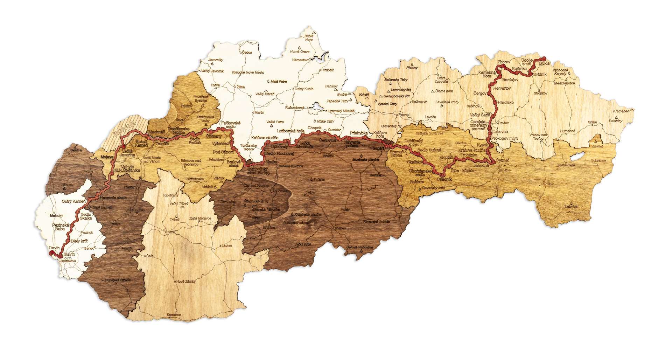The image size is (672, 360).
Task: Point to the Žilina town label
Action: pos(240,86)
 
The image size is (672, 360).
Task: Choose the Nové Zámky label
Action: pos(186,282)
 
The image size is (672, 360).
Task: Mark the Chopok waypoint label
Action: pos(314,128)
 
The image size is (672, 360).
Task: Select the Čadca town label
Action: pos(247,52)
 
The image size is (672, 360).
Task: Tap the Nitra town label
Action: pos(171,232)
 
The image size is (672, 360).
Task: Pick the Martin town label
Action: pos(259,113)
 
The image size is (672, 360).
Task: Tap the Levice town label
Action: pos(226,246)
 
